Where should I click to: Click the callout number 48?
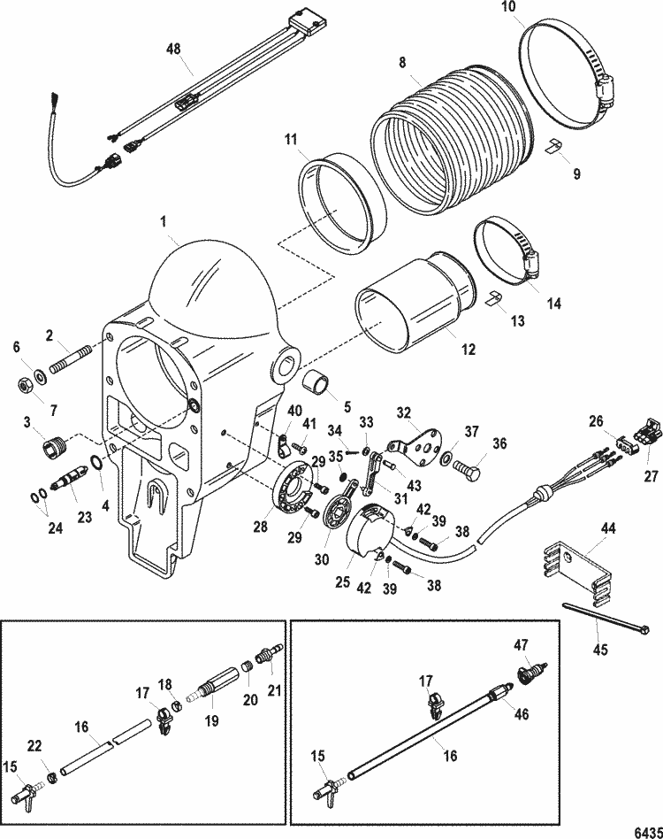click(x=173, y=49)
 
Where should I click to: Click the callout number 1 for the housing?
click(x=164, y=221)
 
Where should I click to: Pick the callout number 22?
click(x=34, y=746)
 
